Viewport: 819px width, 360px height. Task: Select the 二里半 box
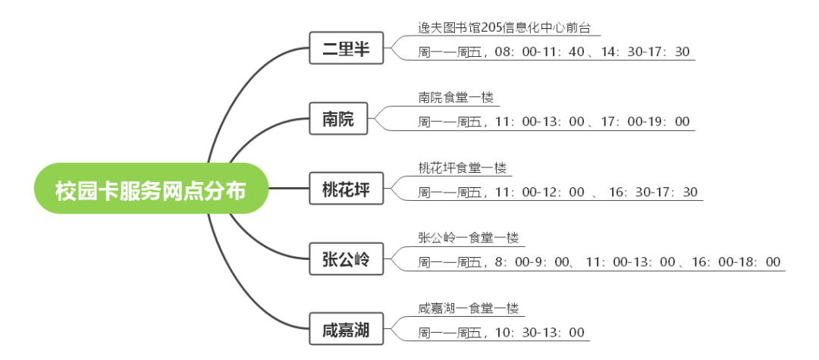tap(346, 50)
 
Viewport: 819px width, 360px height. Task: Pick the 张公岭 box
tap(346, 260)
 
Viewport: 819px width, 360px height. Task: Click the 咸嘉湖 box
tap(346, 330)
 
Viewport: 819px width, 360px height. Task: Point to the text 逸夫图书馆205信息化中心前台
tap(504, 28)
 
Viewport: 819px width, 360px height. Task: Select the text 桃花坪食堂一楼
tap(462, 168)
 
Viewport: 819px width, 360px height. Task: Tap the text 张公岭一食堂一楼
tap(468, 238)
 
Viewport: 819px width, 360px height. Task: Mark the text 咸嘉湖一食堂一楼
tap(468, 308)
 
